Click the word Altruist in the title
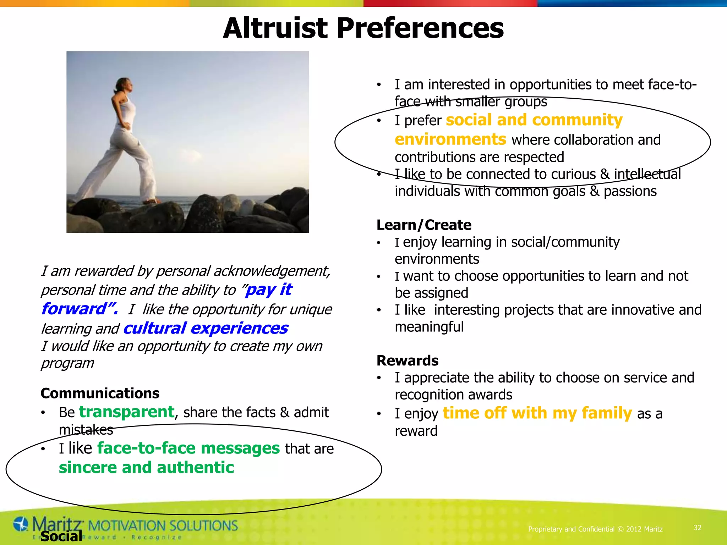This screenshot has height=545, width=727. click(x=275, y=28)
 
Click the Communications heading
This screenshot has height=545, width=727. click(x=100, y=393)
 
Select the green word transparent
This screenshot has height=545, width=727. click(x=127, y=412)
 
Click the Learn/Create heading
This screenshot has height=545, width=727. click(x=424, y=225)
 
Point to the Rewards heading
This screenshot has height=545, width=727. click(x=407, y=360)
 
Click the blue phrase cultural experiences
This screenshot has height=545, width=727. click(x=206, y=328)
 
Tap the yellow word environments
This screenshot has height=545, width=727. click(x=450, y=139)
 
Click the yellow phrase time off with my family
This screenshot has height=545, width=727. click(x=537, y=413)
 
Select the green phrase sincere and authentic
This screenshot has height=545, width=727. click(x=146, y=468)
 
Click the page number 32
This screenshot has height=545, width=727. click(x=697, y=528)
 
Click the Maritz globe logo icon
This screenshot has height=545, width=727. click(x=21, y=524)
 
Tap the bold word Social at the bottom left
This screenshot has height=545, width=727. click(x=61, y=536)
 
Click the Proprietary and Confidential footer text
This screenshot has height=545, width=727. click(x=595, y=529)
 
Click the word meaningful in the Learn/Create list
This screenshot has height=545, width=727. click(x=429, y=327)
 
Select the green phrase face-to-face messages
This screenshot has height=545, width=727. click(x=188, y=448)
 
